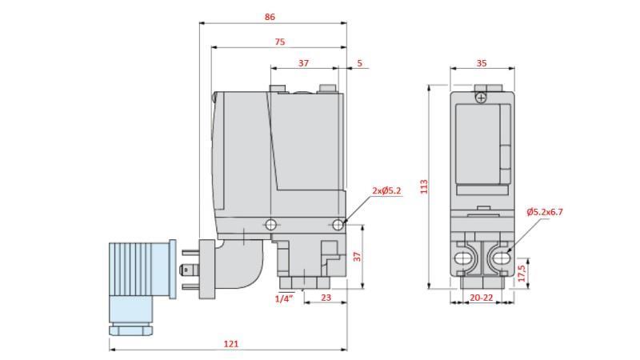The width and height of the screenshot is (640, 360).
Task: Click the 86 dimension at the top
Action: [x=272, y=16]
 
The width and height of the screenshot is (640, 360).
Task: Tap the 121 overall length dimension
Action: [x=230, y=344]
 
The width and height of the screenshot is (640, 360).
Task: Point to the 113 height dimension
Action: [x=424, y=186]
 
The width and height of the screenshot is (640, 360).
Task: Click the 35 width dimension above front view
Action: [x=481, y=62]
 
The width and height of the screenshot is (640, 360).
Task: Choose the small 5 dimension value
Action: [x=359, y=62]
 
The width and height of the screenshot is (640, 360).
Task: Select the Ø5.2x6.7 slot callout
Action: [x=545, y=212]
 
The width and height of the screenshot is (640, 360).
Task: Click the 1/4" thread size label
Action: [x=284, y=298]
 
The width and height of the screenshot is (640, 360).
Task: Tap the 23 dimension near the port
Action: [x=326, y=298]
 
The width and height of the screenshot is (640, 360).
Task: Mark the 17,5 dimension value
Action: [x=522, y=274]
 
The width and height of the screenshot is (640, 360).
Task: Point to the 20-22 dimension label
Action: [x=481, y=298]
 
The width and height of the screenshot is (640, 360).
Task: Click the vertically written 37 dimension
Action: [x=358, y=257]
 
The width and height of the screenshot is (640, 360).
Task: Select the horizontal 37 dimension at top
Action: [x=304, y=62]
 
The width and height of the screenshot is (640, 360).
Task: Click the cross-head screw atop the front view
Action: [x=480, y=97]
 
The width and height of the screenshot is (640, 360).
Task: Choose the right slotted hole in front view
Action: [x=498, y=258]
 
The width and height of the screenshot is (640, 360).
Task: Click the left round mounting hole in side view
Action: [x=271, y=224]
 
